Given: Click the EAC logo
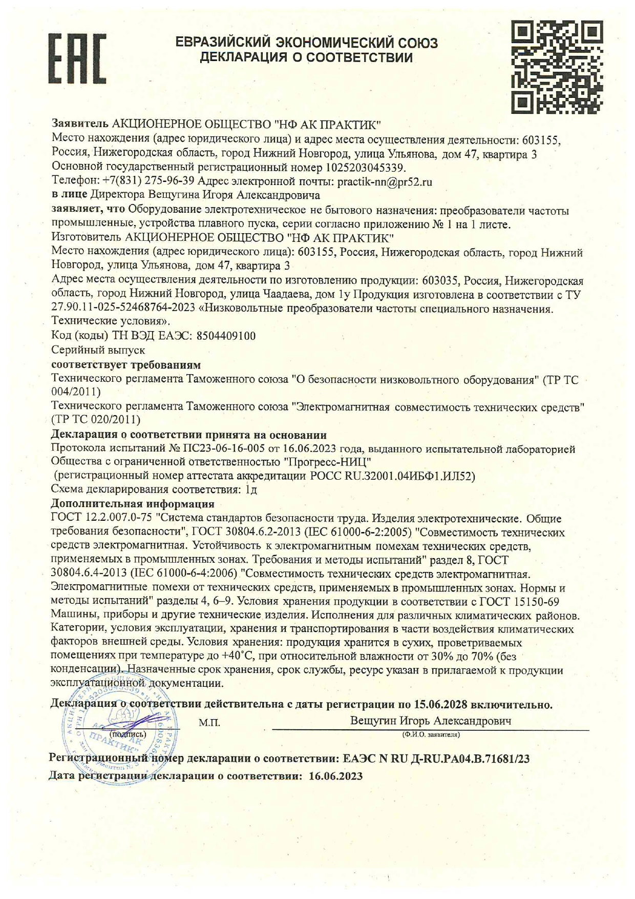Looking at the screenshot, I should [77, 59].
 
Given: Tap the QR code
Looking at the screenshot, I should [557, 67].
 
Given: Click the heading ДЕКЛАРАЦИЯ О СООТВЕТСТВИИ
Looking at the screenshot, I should [306, 57].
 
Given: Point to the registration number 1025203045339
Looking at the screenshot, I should [365, 168].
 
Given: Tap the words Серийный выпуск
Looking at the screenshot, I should [98, 350].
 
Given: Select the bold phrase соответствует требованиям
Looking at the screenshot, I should [126, 365].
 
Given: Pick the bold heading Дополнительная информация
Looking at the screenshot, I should [133, 504].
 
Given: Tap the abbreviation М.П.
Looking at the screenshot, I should [209, 723].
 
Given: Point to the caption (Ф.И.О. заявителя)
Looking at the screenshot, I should [431, 735].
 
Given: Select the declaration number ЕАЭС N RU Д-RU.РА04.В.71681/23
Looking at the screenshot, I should [436, 759].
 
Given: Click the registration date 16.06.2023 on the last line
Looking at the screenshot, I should [336, 776].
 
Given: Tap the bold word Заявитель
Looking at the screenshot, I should [80, 124].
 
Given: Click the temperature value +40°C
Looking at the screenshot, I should [238, 657].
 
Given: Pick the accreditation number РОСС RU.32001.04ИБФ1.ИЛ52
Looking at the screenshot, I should [392, 476].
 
